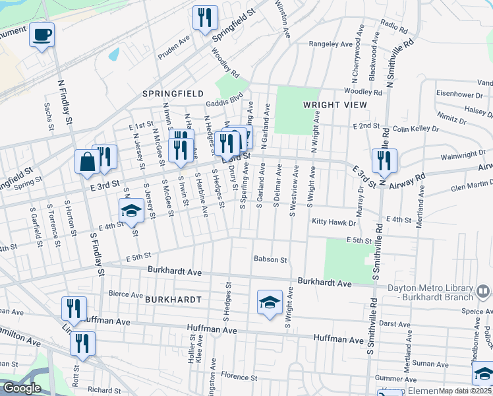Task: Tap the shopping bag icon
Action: (x=87, y=162)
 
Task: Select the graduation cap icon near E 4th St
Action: (x=131, y=211)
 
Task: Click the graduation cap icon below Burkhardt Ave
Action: (x=270, y=302)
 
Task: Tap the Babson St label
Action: (x=270, y=260)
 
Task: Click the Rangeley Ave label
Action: (x=332, y=44)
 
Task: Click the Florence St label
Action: (x=238, y=376)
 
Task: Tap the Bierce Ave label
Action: (x=125, y=294)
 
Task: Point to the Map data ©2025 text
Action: (x=465, y=391)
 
